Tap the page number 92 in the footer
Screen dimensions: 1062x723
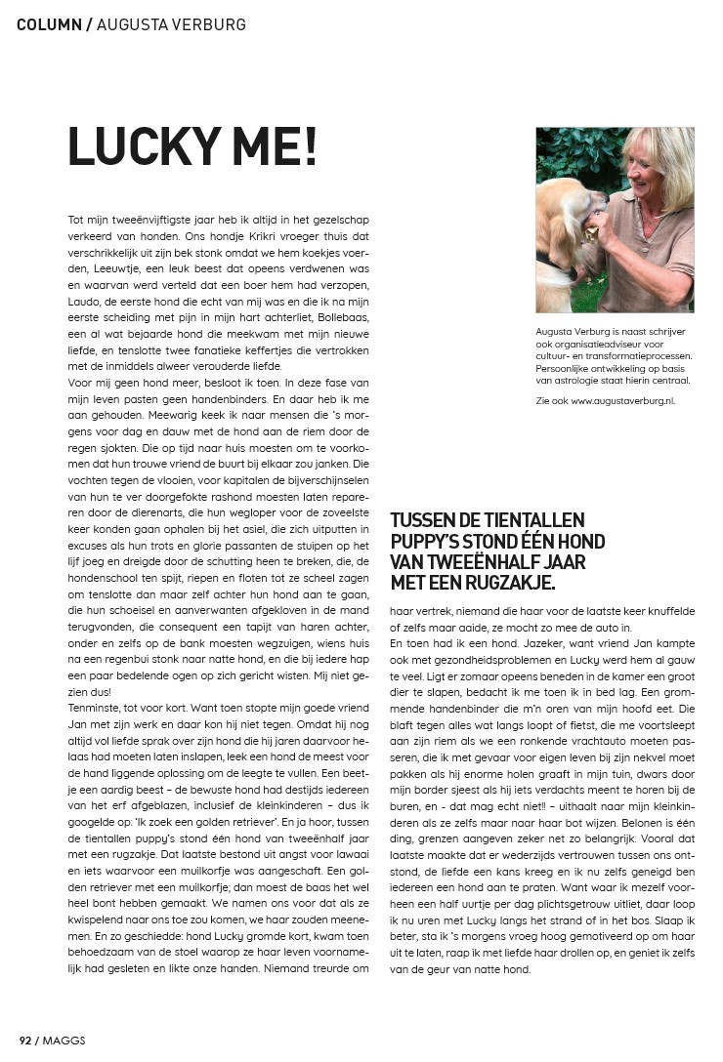pos(25,1041)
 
